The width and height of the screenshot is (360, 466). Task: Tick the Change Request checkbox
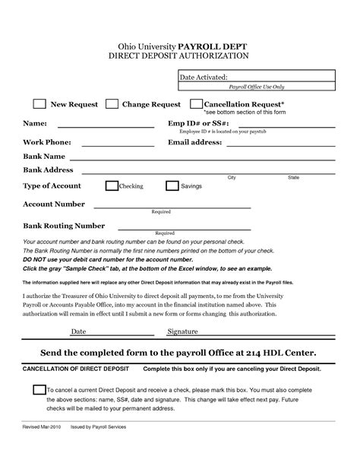click(112, 104)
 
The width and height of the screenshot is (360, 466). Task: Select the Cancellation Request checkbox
click(196, 104)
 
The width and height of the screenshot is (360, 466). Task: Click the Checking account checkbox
click(112, 185)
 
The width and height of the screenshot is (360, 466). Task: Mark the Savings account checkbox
click(172, 185)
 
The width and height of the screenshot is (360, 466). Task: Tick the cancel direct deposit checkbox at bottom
click(39, 391)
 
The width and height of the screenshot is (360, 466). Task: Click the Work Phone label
click(47, 141)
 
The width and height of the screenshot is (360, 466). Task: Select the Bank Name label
click(45, 156)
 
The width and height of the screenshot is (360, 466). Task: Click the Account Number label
click(54, 204)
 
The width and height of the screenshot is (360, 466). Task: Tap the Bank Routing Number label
click(64, 226)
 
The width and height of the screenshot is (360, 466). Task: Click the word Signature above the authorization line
click(182, 332)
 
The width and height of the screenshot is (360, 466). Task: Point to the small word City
click(232, 177)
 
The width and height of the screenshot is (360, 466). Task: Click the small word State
click(293, 177)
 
